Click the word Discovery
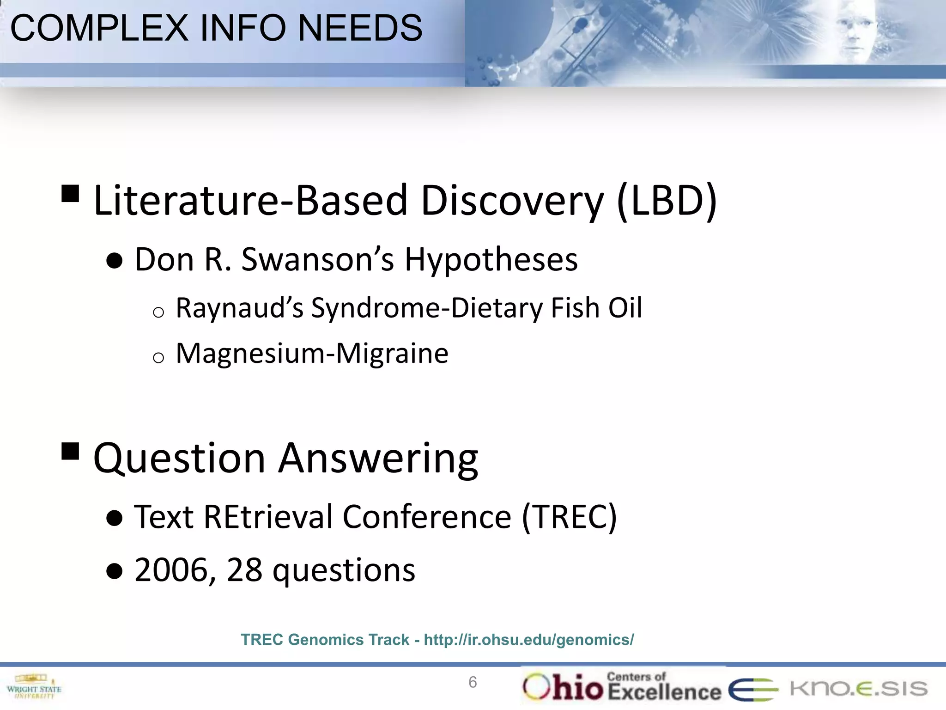pos(512,201)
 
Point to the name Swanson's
pos(318,259)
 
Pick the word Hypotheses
pos(491,259)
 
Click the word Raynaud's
pos(240,308)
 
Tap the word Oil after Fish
pos(625,308)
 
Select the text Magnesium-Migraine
pos(312,354)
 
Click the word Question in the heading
pos(179,459)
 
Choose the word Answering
pos(378,459)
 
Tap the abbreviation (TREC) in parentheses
pos(569,516)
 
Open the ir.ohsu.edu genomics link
pos(529,640)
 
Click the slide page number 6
pos(473,682)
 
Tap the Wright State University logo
pos(34,686)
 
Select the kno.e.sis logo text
pos(858,689)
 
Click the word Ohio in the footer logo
pos(564,686)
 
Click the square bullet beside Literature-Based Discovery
pos(70,194)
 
